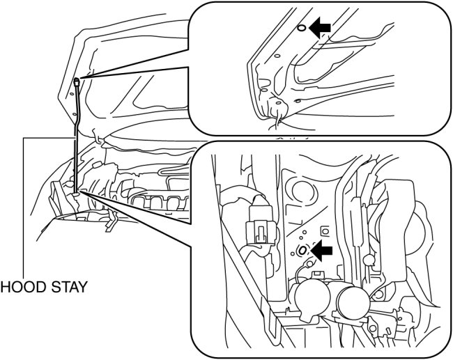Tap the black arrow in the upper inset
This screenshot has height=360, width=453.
click(320, 27)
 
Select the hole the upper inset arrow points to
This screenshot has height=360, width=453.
click(300, 29)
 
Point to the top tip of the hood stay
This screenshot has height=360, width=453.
click(75, 81)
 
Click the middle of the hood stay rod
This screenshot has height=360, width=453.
click(75, 136)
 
